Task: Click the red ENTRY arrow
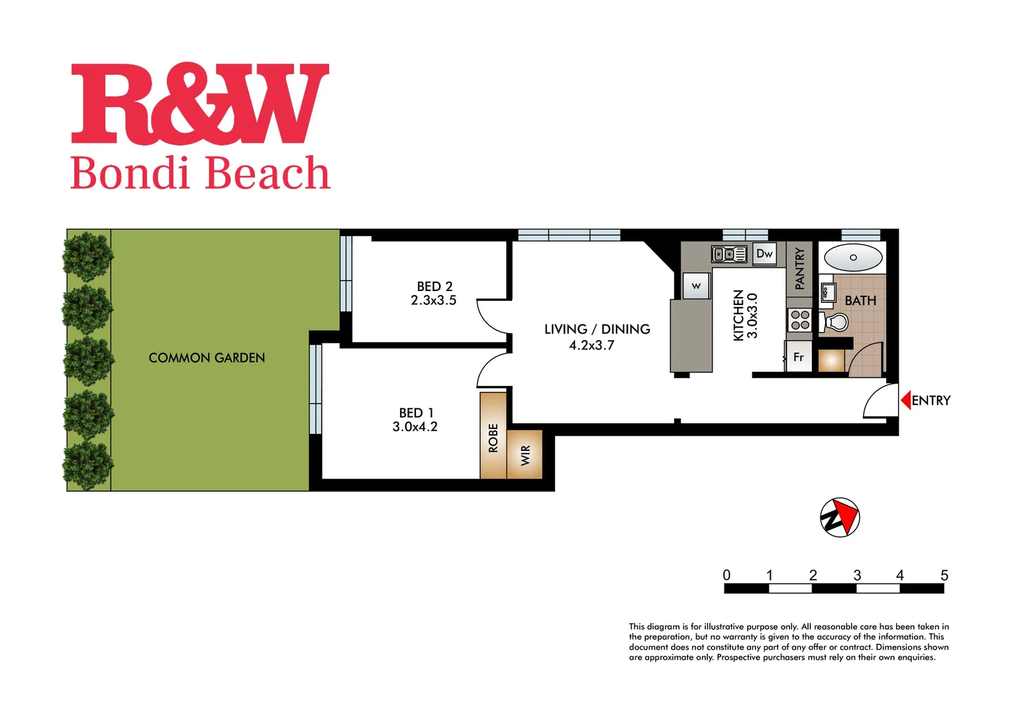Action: click(x=905, y=400)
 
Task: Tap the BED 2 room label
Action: click(x=434, y=286)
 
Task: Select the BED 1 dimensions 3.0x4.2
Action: click(x=415, y=427)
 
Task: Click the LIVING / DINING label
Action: click(x=597, y=329)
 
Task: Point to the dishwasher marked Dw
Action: click(x=764, y=254)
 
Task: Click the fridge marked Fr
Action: click(x=798, y=357)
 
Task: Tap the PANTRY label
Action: click(x=799, y=268)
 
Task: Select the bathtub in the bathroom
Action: click(x=853, y=257)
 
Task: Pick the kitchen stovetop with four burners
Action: click(x=800, y=320)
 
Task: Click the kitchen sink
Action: click(x=729, y=254)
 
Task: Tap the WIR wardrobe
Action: click(x=525, y=455)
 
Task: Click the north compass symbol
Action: click(x=840, y=517)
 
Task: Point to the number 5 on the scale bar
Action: click(x=944, y=575)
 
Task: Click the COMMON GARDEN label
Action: click(x=207, y=358)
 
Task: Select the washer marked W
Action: click(x=696, y=286)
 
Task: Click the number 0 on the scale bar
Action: click(x=727, y=575)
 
